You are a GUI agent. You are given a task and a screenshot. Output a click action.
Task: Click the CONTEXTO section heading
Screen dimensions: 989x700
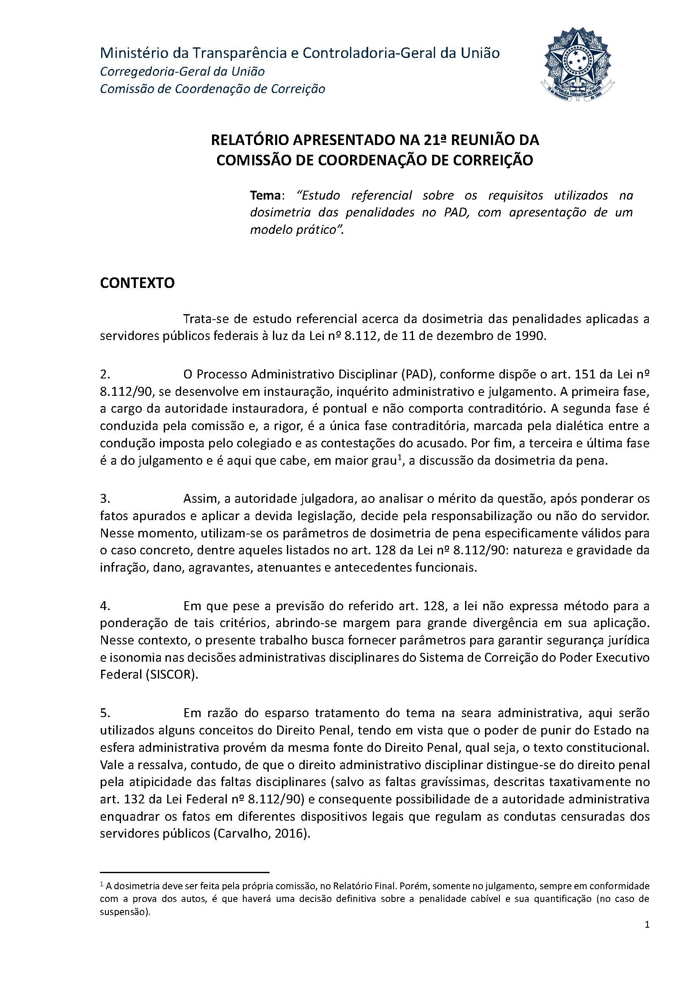[x=137, y=283]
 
